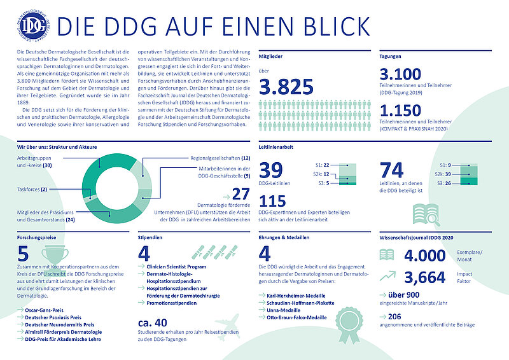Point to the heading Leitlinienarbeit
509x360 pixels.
[x=279, y=146]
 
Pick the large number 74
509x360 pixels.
[x=393, y=171]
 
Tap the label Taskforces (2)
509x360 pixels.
[x=31, y=189]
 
